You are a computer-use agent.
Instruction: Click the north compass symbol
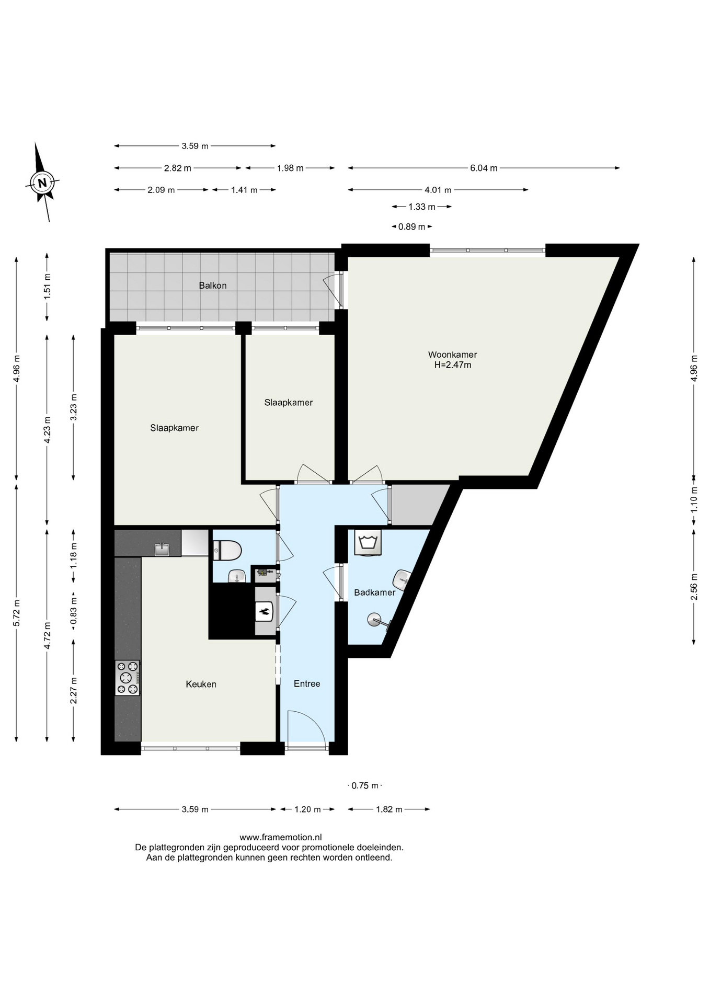pos(42,182)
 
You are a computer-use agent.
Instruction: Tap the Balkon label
pos(213,286)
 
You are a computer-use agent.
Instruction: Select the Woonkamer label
pos(452,355)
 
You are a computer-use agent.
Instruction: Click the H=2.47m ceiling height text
pos(453,365)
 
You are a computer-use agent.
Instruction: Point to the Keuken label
pos(201,684)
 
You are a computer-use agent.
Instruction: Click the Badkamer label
pos(375,592)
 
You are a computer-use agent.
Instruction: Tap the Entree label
pos(307,683)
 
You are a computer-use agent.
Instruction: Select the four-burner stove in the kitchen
pos(128,678)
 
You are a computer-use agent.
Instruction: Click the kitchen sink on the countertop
pos(162,549)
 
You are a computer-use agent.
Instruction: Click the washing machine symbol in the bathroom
pos(368,542)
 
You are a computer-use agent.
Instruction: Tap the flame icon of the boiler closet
pos(265,611)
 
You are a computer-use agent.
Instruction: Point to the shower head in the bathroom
pos(375,620)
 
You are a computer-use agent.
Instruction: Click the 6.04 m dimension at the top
pos(484,168)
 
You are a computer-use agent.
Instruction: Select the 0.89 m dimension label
pos(411,226)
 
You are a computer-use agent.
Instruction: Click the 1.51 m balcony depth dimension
pos(47,287)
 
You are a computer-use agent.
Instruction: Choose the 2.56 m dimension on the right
pos(694,587)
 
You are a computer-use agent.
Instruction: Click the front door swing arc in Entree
pos(314,720)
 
